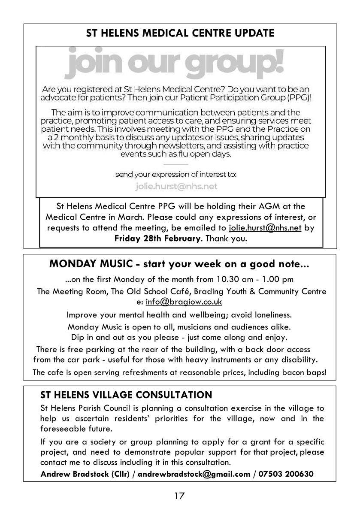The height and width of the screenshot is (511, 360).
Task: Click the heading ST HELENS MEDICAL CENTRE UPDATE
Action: tap(180, 33)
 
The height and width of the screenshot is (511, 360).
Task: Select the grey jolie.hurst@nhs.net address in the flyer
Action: tap(176, 187)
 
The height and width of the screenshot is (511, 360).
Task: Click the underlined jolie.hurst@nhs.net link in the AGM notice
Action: tap(265, 228)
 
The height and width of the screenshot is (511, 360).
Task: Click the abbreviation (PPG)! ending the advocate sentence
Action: tap(297, 98)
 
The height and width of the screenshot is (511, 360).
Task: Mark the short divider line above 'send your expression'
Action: tap(176, 164)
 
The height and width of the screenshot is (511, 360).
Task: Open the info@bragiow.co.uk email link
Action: tap(184, 302)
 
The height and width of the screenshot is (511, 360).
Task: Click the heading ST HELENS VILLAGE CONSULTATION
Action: tap(126, 395)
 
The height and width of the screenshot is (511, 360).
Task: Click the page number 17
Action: tap(179, 496)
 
